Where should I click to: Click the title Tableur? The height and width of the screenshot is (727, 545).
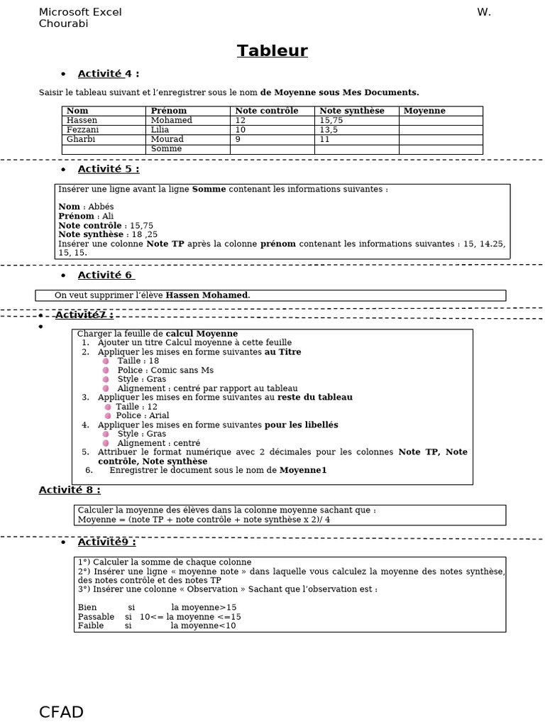[272, 50]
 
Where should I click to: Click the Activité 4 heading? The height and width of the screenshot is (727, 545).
[108, 74]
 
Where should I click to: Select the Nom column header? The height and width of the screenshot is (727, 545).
[77, 111]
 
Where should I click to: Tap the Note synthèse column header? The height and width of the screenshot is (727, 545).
[351, 111]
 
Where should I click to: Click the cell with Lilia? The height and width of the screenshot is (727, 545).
[160, 130]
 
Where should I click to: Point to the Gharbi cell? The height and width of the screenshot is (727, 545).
[80, 140]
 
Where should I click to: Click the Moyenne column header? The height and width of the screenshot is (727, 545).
[424, 111]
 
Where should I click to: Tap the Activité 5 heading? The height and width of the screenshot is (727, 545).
[108, 169]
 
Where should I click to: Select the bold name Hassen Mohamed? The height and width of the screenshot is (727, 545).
[207, 295]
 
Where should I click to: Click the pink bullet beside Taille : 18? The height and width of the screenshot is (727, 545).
[106, 361]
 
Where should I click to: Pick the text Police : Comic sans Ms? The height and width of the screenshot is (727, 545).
[165, 370]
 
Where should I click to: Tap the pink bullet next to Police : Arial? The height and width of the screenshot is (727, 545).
[108, 415]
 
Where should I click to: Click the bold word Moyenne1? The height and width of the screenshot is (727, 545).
[303, 470]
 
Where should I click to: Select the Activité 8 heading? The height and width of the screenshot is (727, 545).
[69, 490]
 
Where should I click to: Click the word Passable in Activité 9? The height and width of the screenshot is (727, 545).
[95, 617]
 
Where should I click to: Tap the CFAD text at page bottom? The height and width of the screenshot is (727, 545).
[61, 712]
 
